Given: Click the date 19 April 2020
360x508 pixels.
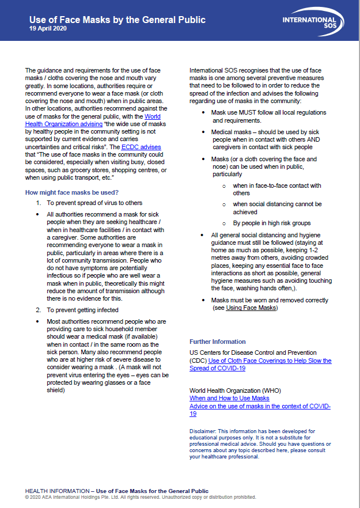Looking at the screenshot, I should tap(48, 29).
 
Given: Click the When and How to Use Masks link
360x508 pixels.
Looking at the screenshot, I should tap(229, 398).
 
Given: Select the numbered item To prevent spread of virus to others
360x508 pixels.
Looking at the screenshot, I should tap(94, 203).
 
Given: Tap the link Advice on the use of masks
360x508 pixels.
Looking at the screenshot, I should tap(260, 405).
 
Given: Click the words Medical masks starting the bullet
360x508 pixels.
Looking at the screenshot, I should tap(230, 132).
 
